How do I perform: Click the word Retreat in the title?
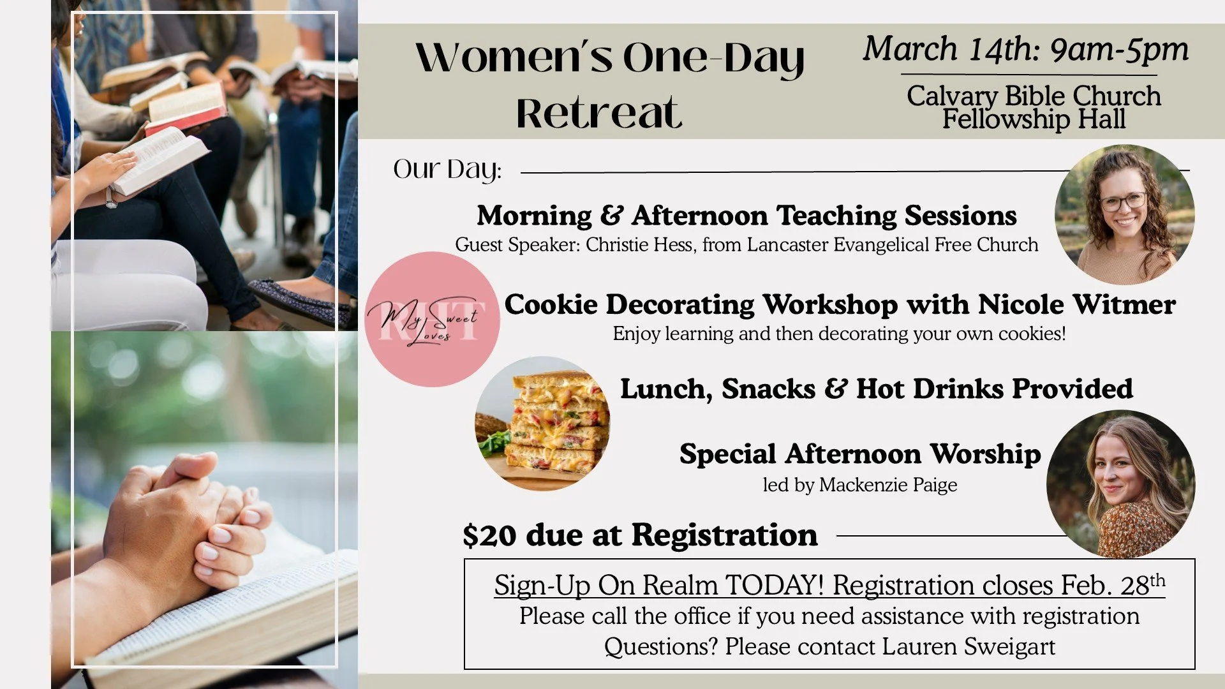598,114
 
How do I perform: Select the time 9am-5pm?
1119,49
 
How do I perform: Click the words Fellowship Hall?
1034,119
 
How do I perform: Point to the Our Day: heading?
447,170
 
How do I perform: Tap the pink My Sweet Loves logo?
432,319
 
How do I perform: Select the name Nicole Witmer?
1076,304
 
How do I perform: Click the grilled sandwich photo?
542,424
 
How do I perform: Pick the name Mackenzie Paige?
888,485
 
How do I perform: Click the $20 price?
489,535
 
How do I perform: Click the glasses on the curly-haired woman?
1124,202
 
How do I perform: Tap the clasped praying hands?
198,517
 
